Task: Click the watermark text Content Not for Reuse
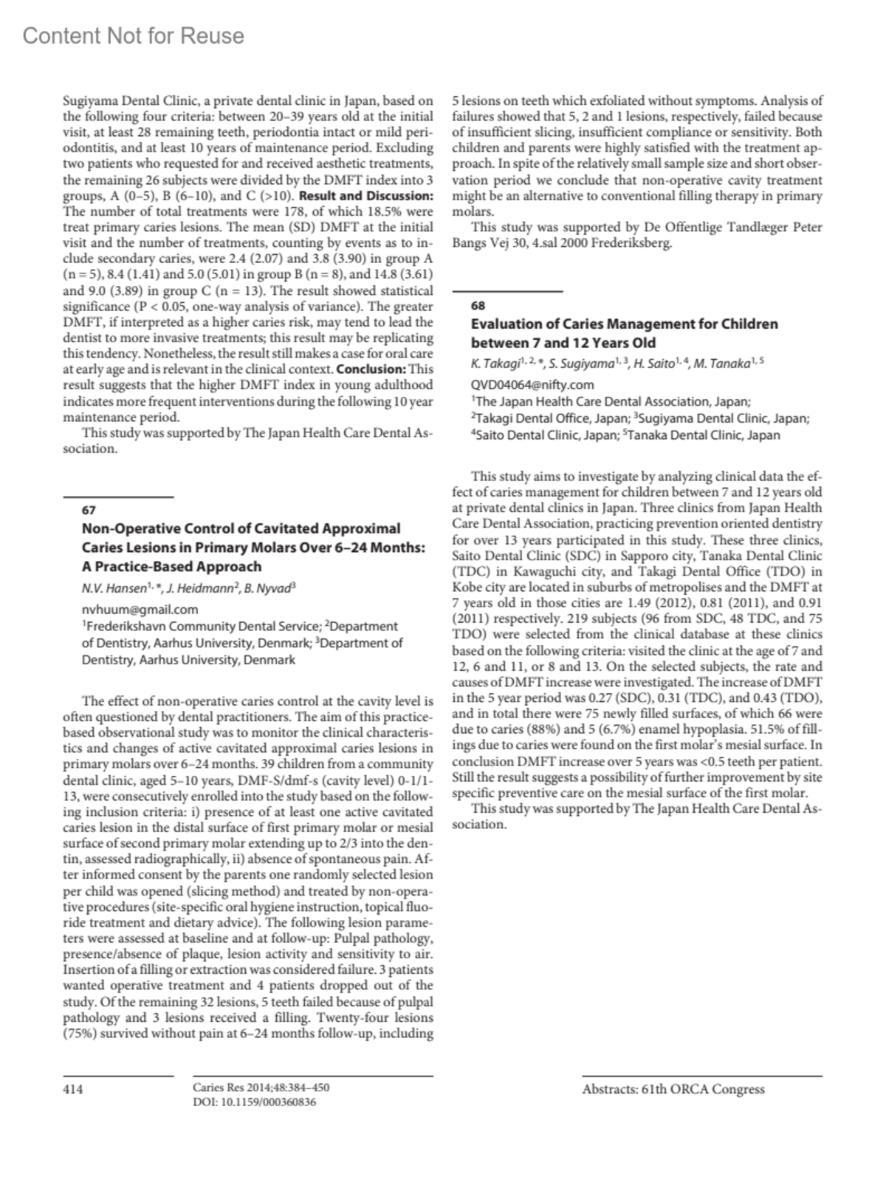(x=133, y=35)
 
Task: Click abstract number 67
(x=89, y=510)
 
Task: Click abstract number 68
(x=478, y=305)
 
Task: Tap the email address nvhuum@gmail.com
(x=140, y=610)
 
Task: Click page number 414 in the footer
(x=73, y=1089)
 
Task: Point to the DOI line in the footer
(x=254, y=1102)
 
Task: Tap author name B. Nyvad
(x=272, y=590)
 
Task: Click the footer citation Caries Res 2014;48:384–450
(x=261, y=1088)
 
